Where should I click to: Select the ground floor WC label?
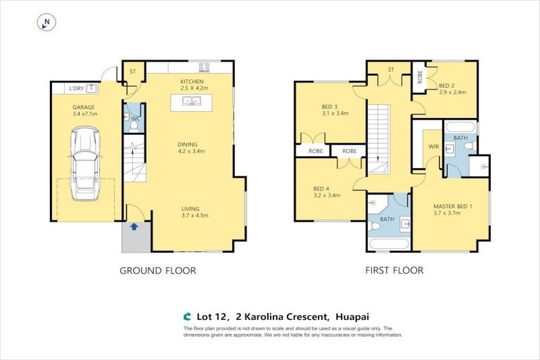click(x=134, y=119)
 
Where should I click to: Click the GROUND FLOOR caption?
click(x=157, y=270)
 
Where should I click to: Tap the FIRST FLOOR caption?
click(x=394, y=270)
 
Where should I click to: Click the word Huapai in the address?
click(x=343, y=316)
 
